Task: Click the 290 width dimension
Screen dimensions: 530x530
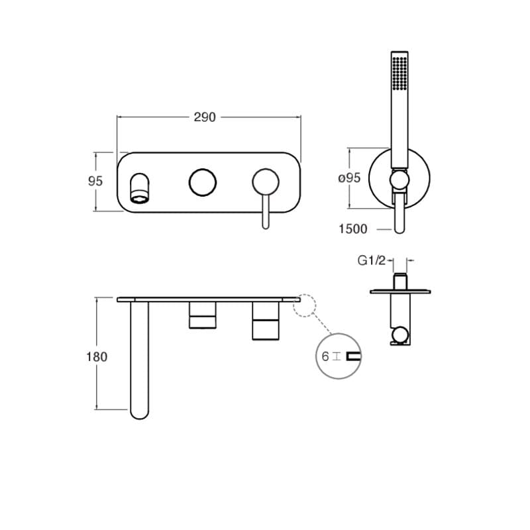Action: (205, 117)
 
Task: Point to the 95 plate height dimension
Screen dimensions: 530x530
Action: (95, 181)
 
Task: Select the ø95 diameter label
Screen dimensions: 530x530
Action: (350, 178)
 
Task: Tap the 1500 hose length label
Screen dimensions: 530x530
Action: (353, 229)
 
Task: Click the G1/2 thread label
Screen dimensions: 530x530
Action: (372, 260)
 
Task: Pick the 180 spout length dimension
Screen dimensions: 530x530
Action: (97, 356)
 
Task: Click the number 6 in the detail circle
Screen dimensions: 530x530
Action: (325, 356)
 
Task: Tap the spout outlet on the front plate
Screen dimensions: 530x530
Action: (139, 189)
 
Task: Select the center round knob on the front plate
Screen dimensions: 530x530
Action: (203, 182)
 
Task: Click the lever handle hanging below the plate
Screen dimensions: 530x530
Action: (266, 212)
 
